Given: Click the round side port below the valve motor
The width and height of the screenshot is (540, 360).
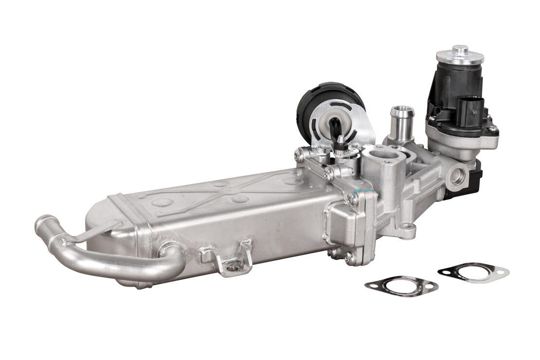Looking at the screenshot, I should (457, 176).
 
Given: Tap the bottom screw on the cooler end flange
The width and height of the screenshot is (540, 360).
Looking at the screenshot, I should (350, 258).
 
